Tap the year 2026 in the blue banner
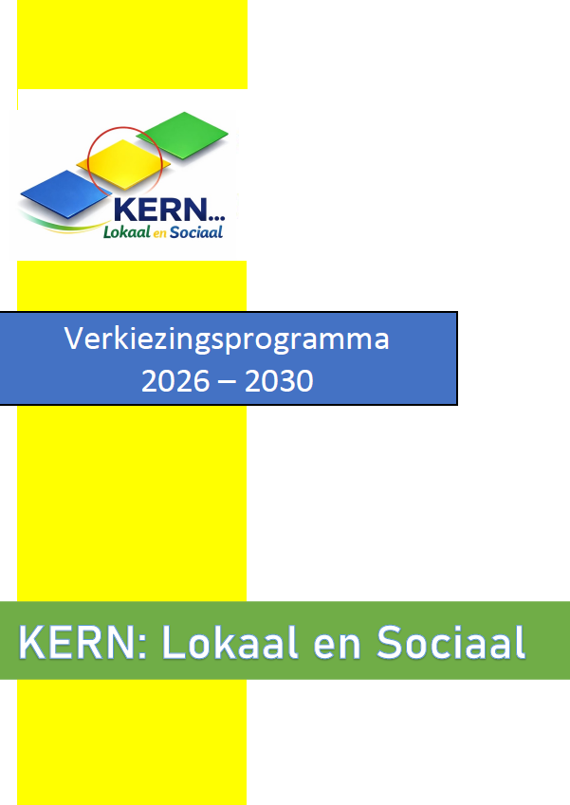[x=175, y=381]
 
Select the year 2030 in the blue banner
[x=279, y=381]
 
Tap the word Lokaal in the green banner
[x=230, y=642]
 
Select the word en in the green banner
[x=337, y=647]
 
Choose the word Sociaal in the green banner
[x=450, y=642]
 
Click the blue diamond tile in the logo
[x=65, y=194]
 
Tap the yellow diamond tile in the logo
[x=123, y=164]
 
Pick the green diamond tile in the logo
[x=182, y=135]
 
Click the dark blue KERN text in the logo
[x=159, y=210]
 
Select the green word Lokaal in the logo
[x=127, y=232]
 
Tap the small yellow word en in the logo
[x=160, y=234]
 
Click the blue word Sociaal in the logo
[x=196, y=232]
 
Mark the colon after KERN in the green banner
[x=143, y=648]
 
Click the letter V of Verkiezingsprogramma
[x=73, y=338]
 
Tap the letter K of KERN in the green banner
[x=32, y=642]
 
